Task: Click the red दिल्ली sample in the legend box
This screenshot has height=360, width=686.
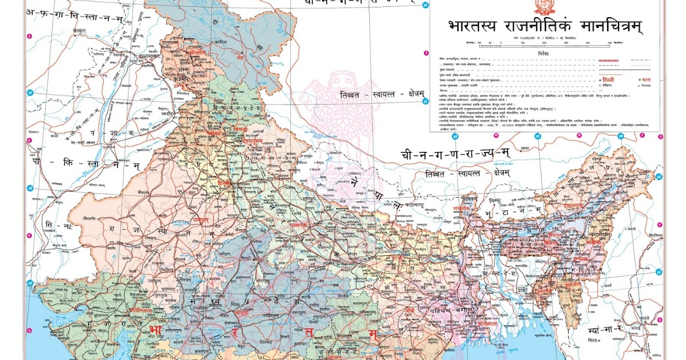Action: point(607,79)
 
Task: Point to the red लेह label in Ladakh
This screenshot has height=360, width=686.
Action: point(246,58)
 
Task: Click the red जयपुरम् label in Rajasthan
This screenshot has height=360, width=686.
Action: point(200,219)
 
